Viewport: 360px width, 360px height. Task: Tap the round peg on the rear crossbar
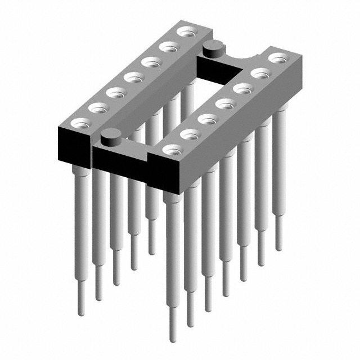pyautogui.click(x=211, y=48)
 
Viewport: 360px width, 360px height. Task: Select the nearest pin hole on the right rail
pyautogui.click(x=173, y=150)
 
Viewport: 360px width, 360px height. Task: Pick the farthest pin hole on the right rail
pyautogui.click(x=277, y=57)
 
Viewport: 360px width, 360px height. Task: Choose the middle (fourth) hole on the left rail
pyautogui.click(x=133, y=77)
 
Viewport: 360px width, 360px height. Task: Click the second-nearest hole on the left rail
pyautogui.click(x=98, y=106)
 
